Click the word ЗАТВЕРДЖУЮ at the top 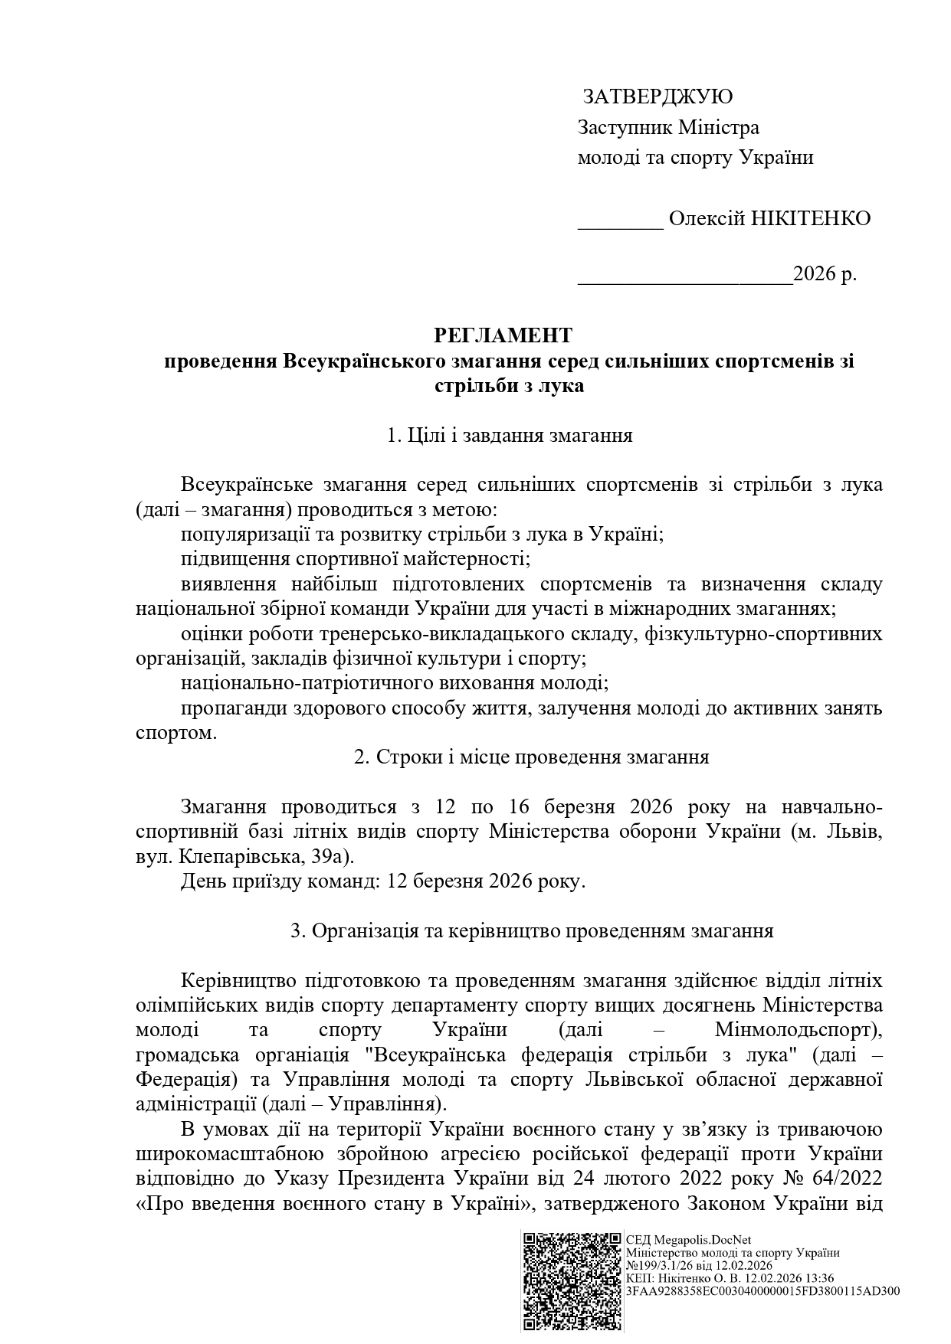(x=658, y=96)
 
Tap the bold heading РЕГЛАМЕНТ (x=503, y=335)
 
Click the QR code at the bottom (x=572, y=1281)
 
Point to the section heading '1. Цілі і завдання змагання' (x=510, y=436)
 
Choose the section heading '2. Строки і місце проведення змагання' (x=531, y=757)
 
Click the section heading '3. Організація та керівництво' (x=532, y=931)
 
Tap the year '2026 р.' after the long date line (x=825, y=274)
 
